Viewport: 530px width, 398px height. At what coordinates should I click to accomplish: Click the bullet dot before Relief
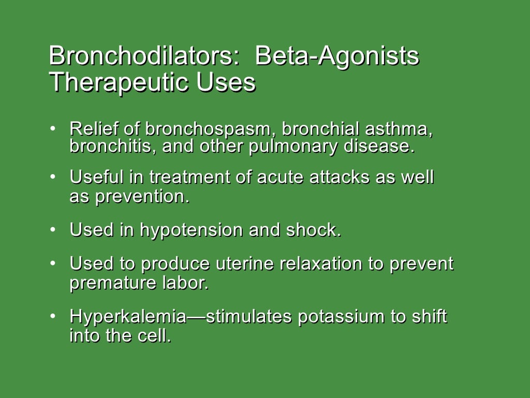click(x=53, y=127)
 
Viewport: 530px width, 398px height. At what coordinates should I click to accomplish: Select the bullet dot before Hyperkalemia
click(x=53, y=315)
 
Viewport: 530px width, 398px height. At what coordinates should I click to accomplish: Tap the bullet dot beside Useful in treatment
click(x=53, y=177)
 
